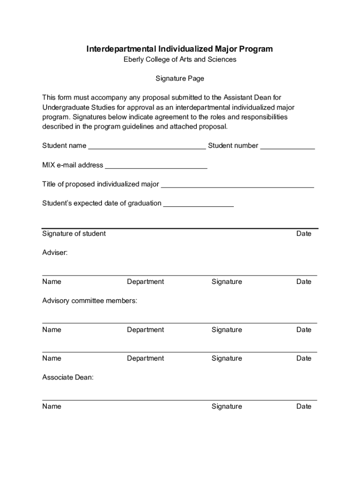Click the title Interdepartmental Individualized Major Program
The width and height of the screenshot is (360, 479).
(180, 49)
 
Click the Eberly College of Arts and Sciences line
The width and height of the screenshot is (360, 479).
(180, 59)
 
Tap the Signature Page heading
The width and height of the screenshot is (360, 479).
(180, 79)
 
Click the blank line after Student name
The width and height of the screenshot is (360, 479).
(147, 146)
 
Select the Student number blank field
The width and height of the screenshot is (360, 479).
(287, 146)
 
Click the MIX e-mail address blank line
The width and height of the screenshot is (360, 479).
(156, 165)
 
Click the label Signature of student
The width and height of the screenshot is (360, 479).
(74, 233)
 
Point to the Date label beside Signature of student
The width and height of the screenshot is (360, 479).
(303, 233)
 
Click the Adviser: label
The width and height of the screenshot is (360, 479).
(55, 253)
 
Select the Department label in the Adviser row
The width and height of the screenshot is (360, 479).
(145, 282)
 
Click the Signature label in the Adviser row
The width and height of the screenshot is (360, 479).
(227, 282)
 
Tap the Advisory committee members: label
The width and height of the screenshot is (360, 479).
(90, 301)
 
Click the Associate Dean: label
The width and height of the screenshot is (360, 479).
(68, 377)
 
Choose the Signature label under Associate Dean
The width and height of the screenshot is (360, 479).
(227, 406)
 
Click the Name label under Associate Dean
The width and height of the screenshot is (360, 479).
(51, 406)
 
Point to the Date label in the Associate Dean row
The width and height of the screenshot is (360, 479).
(303, 406)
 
